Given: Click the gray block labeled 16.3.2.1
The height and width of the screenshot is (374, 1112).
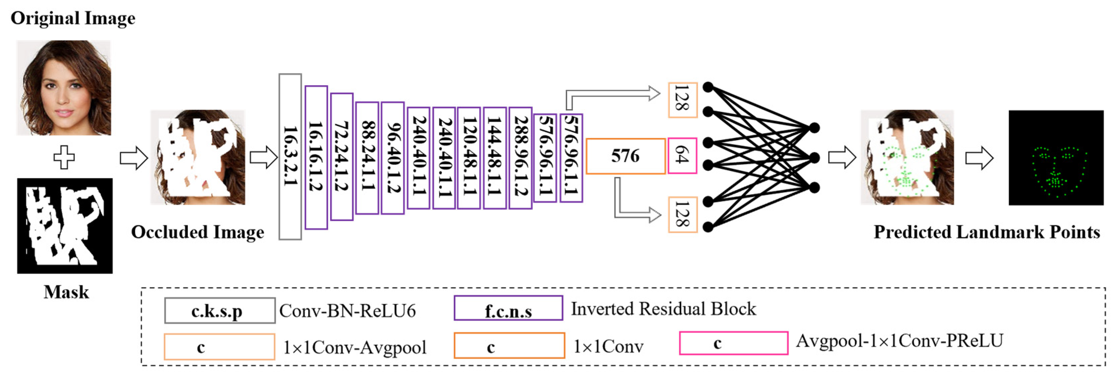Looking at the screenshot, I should click(x=290, y=156).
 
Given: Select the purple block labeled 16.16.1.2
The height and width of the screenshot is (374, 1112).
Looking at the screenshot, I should click(x=316, y=157).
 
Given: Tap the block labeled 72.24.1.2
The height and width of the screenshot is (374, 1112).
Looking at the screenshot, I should click(x=341, y=156).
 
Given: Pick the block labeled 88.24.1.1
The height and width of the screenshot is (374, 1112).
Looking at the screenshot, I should click(x=367, y=158).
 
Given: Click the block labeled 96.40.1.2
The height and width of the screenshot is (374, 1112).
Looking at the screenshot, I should click(x=392, y=158).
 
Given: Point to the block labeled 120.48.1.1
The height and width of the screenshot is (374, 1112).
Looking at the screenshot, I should click(x=469, y=158).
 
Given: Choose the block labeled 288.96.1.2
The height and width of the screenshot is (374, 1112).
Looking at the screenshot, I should click(x=520, y=158).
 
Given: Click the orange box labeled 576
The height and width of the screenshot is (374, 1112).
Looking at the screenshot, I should click(x=625, y=156).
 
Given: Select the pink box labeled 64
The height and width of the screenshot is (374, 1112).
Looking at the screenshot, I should click(x=682, y=155).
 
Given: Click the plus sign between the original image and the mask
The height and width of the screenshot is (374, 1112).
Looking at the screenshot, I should click(x=64, y=157).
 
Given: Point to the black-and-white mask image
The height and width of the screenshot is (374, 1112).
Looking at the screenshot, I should click(x=65, y=226).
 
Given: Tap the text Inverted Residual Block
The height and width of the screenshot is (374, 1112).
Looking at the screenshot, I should click(x=664, y=308).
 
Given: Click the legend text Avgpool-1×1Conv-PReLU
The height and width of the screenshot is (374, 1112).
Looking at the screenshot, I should click(x=899, y=341).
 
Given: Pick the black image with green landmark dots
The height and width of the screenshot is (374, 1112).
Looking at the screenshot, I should click(x=1056, y=158).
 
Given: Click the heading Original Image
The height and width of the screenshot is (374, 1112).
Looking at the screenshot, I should click(x=73, y=18).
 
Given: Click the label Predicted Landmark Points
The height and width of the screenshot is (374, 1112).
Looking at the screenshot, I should click(x=987, y=232).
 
